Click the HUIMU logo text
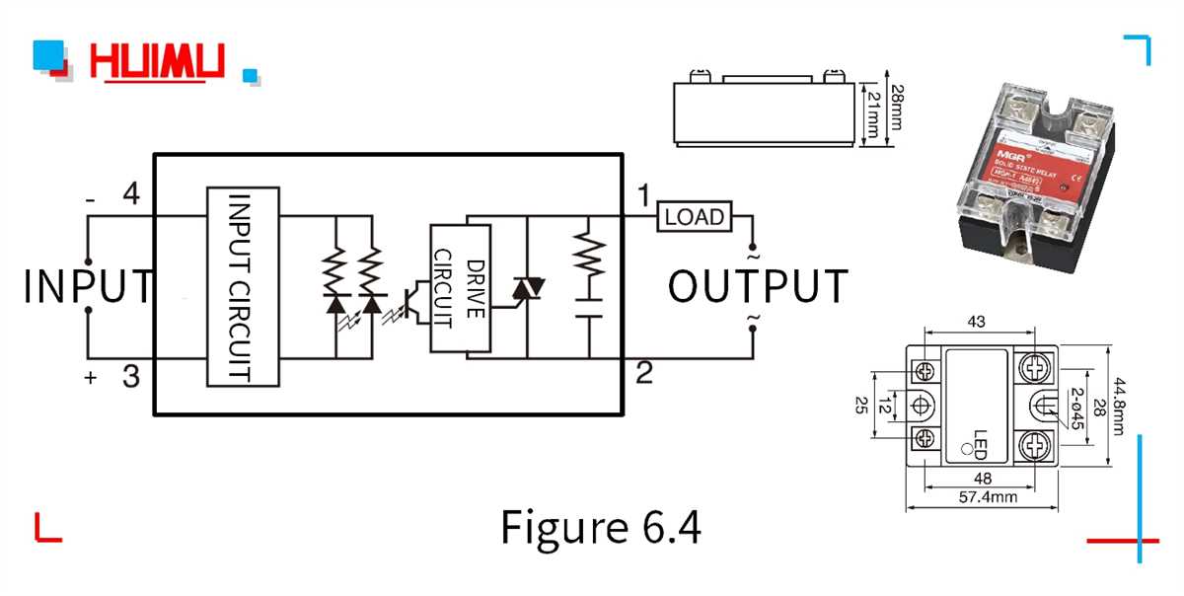click(158, 62)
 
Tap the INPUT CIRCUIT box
click(242, 286)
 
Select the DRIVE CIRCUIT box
click(460, 288)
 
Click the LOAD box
click(695, 217)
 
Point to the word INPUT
click(89, 286)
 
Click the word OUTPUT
click(758, 286)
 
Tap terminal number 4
click(130, 195)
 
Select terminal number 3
click(130, 375)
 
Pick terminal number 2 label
click(644, 373)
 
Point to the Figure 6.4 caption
click(601, 527)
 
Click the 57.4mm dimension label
click(990, 497)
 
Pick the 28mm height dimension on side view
click(897, 110)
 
